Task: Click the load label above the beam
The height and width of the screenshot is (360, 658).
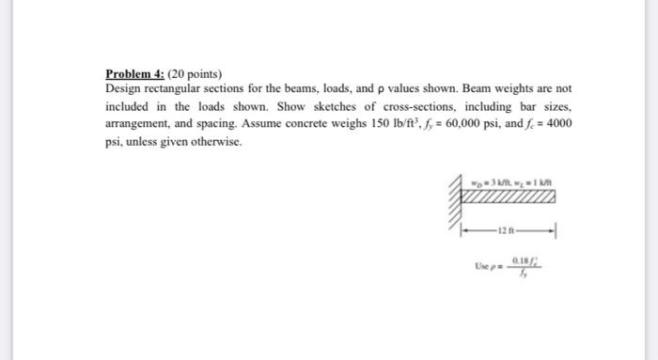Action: pos(516,182)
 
